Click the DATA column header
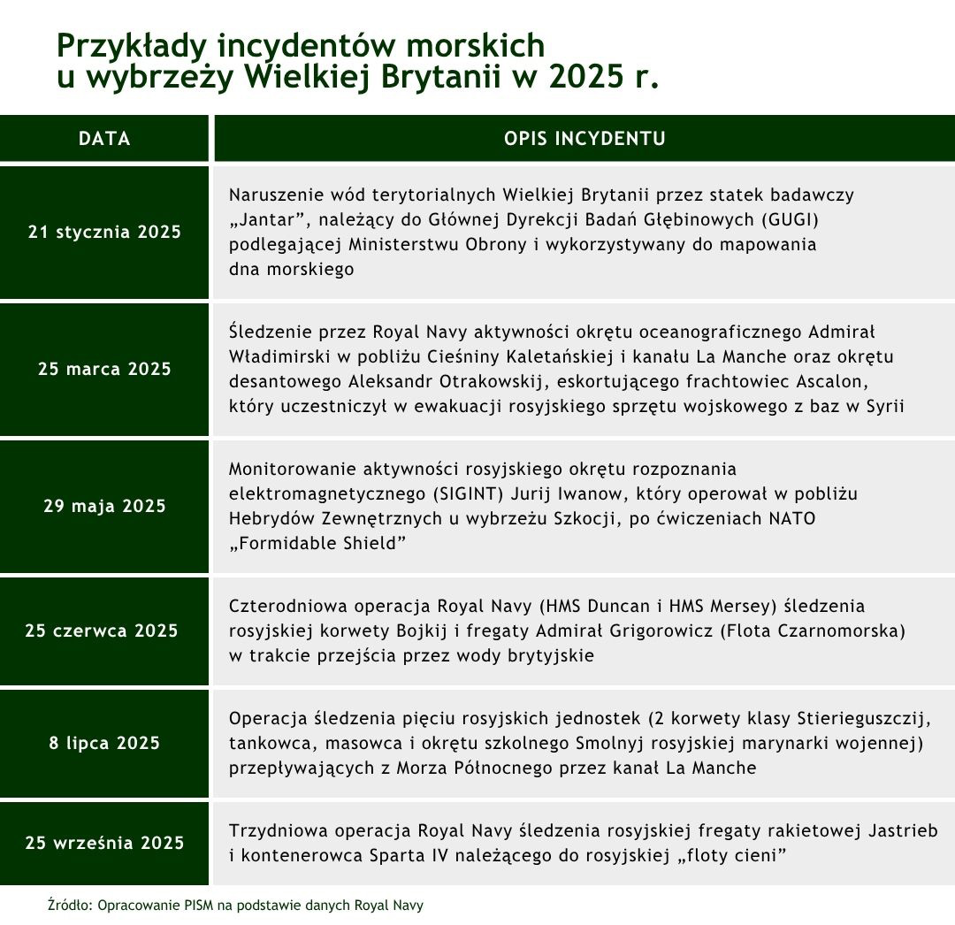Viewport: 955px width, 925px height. click(104, 139)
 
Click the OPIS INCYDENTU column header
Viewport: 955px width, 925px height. click(584, 139)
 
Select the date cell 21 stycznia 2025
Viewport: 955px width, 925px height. click(104, 233)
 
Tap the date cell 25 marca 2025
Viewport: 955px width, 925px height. click(104, 369)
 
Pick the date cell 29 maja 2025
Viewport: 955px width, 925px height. click(104, 507)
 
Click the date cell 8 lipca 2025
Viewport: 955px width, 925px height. click(104, 743)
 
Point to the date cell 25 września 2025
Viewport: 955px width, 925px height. click(104, 843)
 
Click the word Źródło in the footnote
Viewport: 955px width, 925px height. click(70, 906)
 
